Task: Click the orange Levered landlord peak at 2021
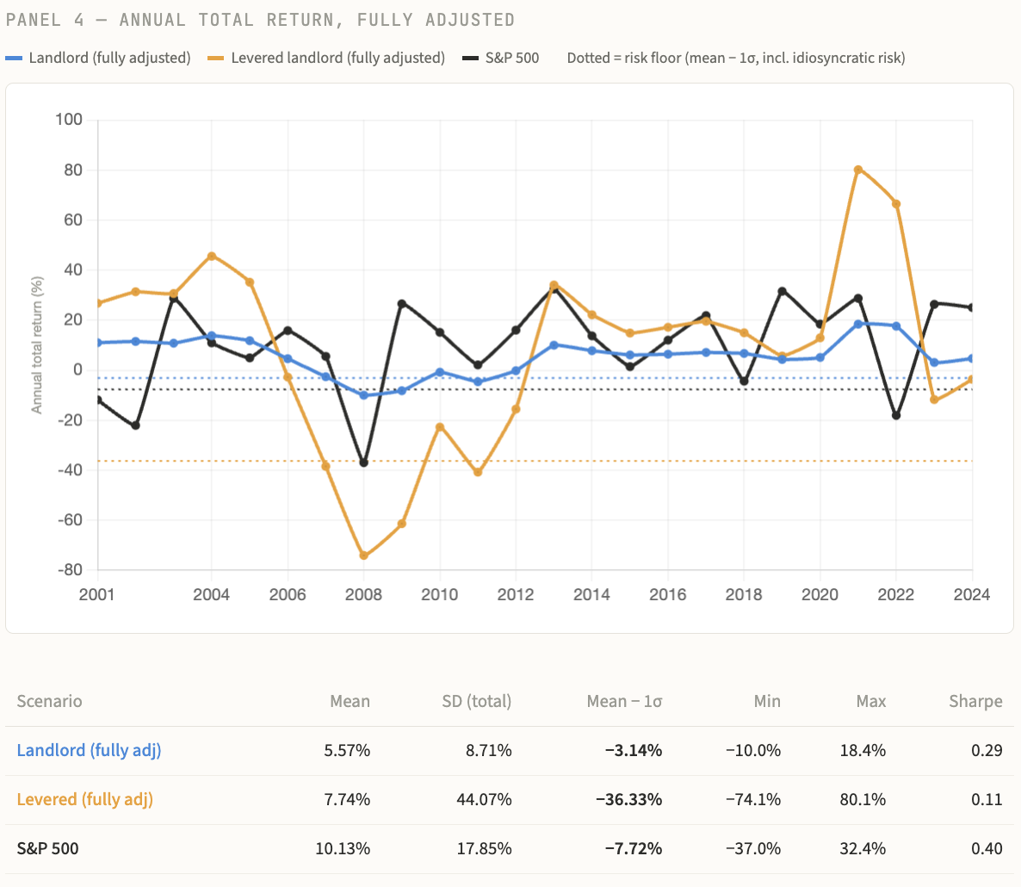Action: [858, 170]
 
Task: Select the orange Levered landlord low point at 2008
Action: [363, 555]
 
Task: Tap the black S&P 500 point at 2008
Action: [363, 462]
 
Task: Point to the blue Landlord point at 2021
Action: [858, 324]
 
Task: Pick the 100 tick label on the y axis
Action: [69, 120]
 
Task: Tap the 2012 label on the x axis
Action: [516, 594]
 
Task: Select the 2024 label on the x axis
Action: [972, 594]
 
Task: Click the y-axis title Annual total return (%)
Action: [37, 344]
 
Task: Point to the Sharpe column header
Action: [975, 701]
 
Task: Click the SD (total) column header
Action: [476, 701]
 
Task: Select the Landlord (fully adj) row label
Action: [89, 750]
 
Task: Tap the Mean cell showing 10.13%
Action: [343, 848]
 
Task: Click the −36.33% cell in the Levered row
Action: [628, 799]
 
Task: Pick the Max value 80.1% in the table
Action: [863, 799]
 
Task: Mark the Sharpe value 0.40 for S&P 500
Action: [987, 848]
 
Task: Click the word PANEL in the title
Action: [33, 19]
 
